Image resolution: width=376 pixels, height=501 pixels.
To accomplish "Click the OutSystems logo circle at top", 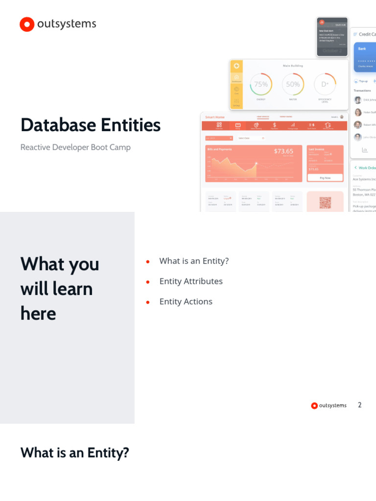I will [x=27, y=24].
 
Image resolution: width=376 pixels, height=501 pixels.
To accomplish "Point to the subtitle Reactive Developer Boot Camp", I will [x=75, y=147].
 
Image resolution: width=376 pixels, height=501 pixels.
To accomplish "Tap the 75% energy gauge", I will [x=261, y=85].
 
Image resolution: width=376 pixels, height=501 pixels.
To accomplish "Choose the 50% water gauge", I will [x=293, y=85].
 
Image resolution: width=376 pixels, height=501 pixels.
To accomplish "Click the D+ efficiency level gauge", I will [x=325, y=85].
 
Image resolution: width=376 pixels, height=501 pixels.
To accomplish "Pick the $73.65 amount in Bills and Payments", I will [x=283, y=151].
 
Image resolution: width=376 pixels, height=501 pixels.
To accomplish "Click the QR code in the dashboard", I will [x=325, y=202].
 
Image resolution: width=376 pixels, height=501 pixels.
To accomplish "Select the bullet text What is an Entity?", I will [x=194, y=261].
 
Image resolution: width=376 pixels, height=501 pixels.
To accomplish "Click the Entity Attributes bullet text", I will [x=191, y=281].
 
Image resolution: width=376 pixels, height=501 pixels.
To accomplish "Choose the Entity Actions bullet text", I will [x=186, y=301].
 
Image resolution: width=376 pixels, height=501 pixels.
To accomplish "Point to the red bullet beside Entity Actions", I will [x=147, y=302].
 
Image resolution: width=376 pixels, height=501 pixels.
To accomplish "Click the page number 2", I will [x=360, y=405].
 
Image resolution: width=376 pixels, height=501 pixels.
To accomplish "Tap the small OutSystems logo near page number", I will [x=314, y=406].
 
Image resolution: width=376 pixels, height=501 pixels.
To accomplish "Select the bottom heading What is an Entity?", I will [x=75, y=453].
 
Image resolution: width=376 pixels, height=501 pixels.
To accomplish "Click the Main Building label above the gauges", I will [x=293, y=66].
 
